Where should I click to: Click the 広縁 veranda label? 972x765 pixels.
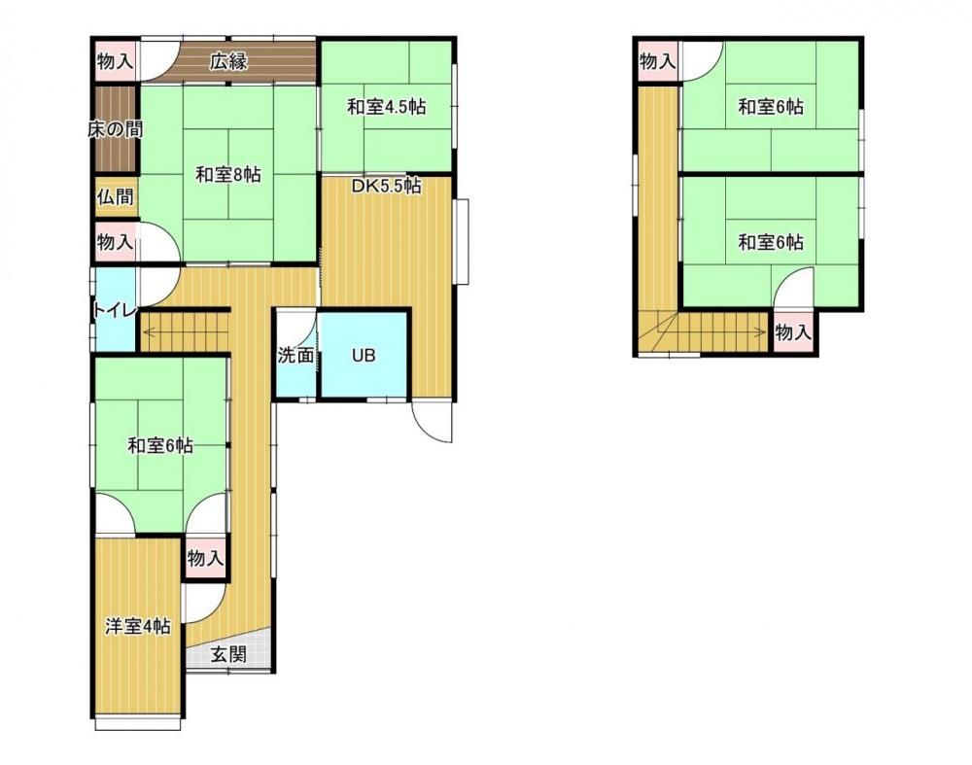click(x=228, y=62)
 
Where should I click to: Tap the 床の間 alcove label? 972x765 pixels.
click(x=116, y=129)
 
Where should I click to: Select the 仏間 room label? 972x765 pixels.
click(x=115, y=197)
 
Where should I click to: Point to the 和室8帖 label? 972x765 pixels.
click(x=228, y=175)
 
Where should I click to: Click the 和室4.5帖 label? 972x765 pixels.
click(x=386, y=107)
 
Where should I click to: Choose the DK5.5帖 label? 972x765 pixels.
click(x=387, y=186)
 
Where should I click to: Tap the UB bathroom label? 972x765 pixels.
click(x=364, y=356)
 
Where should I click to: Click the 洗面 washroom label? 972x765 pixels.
click(x=295, y=356)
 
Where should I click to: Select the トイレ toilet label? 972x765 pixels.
click(x=114, y=309)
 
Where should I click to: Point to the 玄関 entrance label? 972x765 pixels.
click(x=228, y=654)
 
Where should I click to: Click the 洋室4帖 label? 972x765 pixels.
click(x=138, y=626)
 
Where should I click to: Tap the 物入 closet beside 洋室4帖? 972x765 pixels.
click(x=204, y=559)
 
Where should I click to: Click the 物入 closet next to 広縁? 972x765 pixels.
click(x=115, y=61)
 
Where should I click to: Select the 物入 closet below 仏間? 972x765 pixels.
click(x=115, y=241)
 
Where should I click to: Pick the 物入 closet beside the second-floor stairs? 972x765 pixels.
click(x=793, y=332)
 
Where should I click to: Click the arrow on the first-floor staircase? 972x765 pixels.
click(x=185, y=331)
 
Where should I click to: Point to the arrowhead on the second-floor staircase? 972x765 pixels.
click(x=765, y=331)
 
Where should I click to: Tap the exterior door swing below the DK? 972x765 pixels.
click(x=433, y=422)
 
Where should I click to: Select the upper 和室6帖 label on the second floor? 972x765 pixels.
click(x=771, y=107)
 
